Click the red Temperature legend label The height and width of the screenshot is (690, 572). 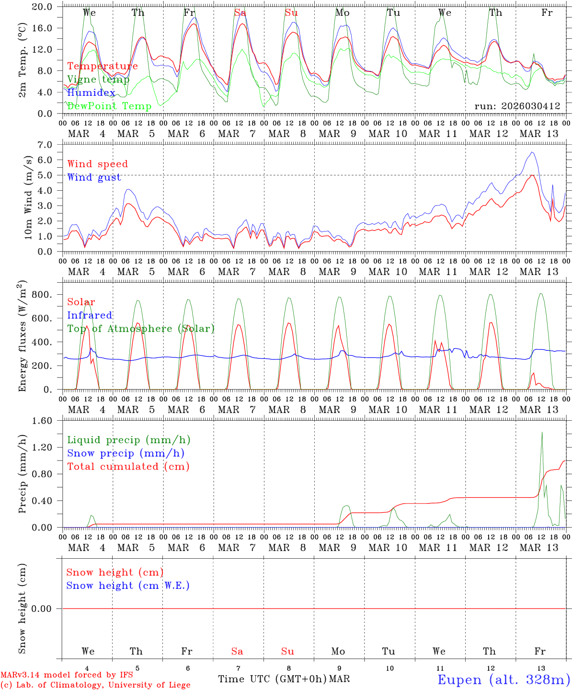point(103,66)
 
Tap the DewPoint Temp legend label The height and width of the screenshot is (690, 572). point(109,106)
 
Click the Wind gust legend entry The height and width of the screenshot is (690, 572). point(94,177)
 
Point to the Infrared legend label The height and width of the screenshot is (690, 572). point(90,315)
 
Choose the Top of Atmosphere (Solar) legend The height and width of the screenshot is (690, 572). point(140,329)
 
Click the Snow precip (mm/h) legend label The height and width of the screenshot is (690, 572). point(126,453)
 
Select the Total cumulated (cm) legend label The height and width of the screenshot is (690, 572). point(128,466)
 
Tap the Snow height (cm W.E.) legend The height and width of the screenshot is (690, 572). point(127,586)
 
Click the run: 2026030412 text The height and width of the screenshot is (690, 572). point(517,106)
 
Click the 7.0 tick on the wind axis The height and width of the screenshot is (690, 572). point(47,145)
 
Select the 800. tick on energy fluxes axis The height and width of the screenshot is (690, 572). point(44,295)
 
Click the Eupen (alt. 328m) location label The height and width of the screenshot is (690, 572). point(503,679)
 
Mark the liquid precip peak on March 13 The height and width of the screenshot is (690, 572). point(542,432)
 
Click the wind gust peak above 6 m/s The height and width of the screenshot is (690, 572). point(532,152)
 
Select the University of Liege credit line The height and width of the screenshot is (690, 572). point(95,685)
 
